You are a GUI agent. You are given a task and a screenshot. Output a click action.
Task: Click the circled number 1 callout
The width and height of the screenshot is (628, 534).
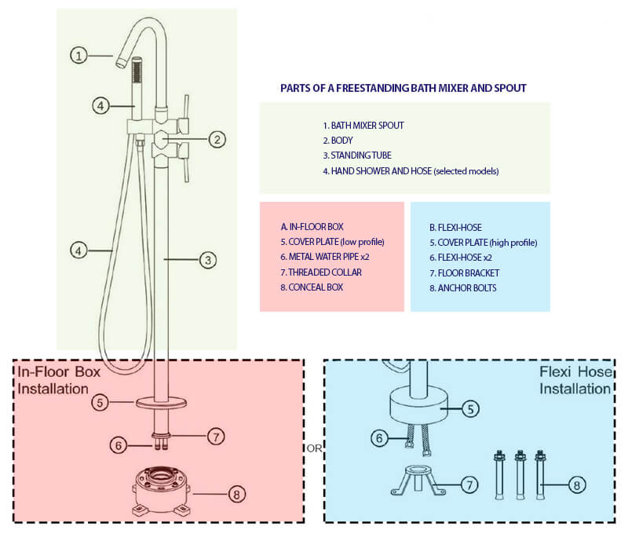(79, 55)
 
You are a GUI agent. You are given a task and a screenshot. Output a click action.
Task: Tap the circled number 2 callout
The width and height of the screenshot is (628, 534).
(217, 140)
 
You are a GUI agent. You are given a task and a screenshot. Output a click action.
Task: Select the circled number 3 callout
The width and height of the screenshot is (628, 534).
(208, 260)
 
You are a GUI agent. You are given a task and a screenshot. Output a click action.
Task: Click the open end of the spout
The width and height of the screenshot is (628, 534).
(119, 63)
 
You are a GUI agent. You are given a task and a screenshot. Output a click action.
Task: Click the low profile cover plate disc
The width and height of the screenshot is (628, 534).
(161, 403)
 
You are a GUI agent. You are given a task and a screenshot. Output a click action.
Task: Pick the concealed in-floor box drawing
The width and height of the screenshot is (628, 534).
(162, 490)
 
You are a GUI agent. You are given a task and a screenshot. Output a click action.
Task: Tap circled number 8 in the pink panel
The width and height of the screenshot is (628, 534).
(237, 494)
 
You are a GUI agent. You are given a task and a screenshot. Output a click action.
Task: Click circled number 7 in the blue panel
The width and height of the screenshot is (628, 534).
(469, 485)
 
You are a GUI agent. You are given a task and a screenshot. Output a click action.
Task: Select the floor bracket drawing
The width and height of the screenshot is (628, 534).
(418, 481)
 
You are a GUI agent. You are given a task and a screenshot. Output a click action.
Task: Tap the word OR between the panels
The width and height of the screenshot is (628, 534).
(314, 448)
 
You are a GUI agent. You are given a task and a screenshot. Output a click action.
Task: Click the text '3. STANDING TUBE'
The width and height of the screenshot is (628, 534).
(357, 155)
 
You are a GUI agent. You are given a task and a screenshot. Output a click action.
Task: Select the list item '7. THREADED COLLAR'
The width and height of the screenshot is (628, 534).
(321, 272)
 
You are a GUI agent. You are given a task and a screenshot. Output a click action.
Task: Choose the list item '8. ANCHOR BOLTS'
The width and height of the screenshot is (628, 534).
(463, 288)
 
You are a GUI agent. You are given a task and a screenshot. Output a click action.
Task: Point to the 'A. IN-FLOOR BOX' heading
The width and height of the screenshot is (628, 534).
(312, 227)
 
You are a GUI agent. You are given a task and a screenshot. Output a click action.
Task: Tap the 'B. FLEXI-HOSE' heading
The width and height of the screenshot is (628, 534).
(456, 228)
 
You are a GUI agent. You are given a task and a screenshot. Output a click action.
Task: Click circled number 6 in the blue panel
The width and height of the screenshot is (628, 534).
(380, 438)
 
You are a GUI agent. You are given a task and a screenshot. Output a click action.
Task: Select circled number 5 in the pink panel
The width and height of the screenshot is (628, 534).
(100, 402)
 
